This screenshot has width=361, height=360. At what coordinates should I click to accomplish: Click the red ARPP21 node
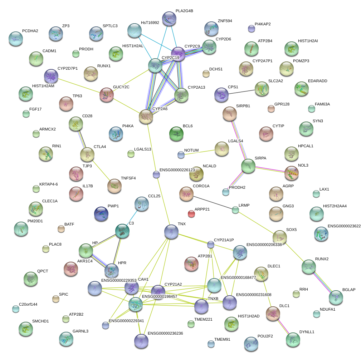pos(191,214)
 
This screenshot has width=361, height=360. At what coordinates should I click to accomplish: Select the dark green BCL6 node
pos(176,134)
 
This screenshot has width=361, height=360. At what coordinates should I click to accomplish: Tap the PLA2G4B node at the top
pos(169,19)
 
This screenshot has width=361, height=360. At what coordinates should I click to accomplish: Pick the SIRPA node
pos(248,166)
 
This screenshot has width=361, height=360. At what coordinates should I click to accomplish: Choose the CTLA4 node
pos(87,154)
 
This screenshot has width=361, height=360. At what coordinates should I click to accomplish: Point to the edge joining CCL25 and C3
pos(132,217)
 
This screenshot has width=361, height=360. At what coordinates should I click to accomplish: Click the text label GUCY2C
pos(121,87)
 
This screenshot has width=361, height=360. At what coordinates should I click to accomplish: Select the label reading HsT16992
pos(150,23)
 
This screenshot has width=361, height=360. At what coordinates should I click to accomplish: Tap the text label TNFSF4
pos(128,178)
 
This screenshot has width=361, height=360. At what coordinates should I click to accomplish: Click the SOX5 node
pos(280,237)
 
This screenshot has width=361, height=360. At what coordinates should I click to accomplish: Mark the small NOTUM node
pos(181,155)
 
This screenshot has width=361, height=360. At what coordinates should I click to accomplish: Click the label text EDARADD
pos(317,81)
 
